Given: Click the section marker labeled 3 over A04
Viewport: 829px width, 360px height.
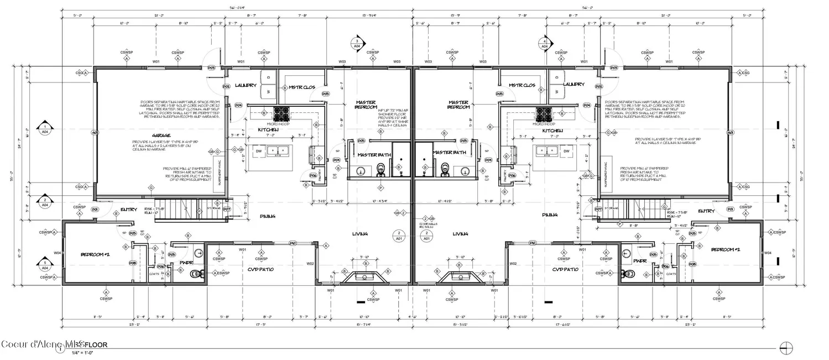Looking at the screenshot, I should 357,44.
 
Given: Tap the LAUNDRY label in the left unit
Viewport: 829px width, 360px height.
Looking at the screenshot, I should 246,85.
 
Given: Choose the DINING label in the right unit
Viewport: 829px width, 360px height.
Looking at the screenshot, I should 549,215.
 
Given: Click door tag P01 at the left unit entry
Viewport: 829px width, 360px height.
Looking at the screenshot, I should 95,210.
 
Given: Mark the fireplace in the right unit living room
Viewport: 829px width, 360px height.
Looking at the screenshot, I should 458,277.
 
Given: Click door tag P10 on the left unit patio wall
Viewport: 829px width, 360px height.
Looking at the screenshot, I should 293,243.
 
